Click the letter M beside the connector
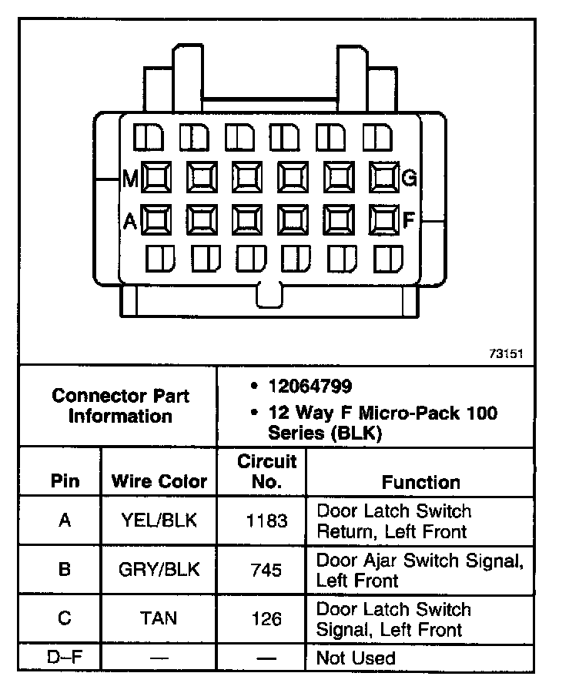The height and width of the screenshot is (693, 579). coord(130,180)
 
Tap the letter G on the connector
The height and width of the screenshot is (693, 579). coord(410,179)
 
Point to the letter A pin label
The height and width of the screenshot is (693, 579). coord(130,221)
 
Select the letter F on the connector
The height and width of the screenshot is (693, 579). coord(409,220)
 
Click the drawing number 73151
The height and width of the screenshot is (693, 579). coord(506,355)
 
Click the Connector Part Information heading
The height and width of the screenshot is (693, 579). coord(120,406)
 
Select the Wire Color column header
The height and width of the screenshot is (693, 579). coord(159,482)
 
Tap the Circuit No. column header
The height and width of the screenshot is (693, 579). coord(266,471)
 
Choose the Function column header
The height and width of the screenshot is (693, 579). coord(420,482)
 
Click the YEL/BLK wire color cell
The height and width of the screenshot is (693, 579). coord(159,521)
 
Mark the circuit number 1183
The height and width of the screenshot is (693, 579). coord(266,521)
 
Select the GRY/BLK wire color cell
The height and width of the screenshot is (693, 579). coord(159,570)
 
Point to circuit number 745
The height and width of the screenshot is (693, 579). coord(266,571)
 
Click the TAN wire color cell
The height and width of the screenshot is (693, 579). coord(159,618)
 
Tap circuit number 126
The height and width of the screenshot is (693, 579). coord(266,619)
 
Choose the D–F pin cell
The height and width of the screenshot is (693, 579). coord(65,658)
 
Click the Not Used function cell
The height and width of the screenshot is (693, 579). coord(356,658)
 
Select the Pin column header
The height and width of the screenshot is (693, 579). coord(65,482)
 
